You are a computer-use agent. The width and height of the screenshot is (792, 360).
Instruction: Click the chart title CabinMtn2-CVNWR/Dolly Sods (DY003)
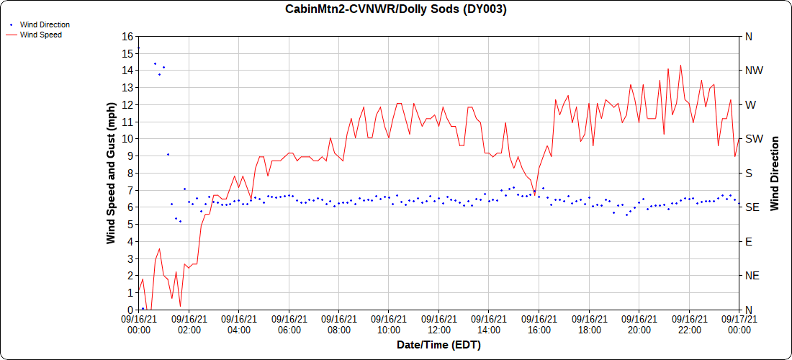click(x=396, y=9)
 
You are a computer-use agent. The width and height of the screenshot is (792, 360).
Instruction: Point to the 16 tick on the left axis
click(x=128, y=36)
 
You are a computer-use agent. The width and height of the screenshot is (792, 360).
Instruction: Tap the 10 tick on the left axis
click(x=128, y=139)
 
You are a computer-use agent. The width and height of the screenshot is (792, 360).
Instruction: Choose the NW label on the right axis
click(x=755, y=71)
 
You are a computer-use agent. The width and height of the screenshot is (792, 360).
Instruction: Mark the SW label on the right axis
click(x=754, y=139)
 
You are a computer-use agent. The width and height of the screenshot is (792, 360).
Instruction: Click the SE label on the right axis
click(x=752, y=207)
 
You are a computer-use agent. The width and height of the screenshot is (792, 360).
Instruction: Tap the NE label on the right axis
click(x=752, y=276)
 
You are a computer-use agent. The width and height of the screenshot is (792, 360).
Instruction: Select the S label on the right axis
click(x=749, y=173)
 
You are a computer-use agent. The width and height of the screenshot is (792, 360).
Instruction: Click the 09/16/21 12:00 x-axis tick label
click(x=438, y=325)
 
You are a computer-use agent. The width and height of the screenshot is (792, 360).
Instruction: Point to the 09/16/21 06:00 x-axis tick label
click(x=289, y=325)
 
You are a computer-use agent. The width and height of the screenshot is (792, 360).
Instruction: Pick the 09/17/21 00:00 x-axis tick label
click(x=739, y=325)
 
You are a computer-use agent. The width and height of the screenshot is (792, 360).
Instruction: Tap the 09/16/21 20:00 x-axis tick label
click(x=639, y=325)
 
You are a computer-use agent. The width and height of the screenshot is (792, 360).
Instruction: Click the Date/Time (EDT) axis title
click(x=438, y=345)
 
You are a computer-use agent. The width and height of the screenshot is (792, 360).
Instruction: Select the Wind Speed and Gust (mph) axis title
click(x=111, y=173)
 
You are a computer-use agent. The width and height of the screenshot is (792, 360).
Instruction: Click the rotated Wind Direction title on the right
click(x=775, y=173)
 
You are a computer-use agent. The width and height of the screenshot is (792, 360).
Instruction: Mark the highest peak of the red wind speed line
click(x=680, y=66)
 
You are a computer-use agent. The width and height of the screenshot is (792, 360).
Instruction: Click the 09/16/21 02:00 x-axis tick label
click(x=189, y=325)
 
